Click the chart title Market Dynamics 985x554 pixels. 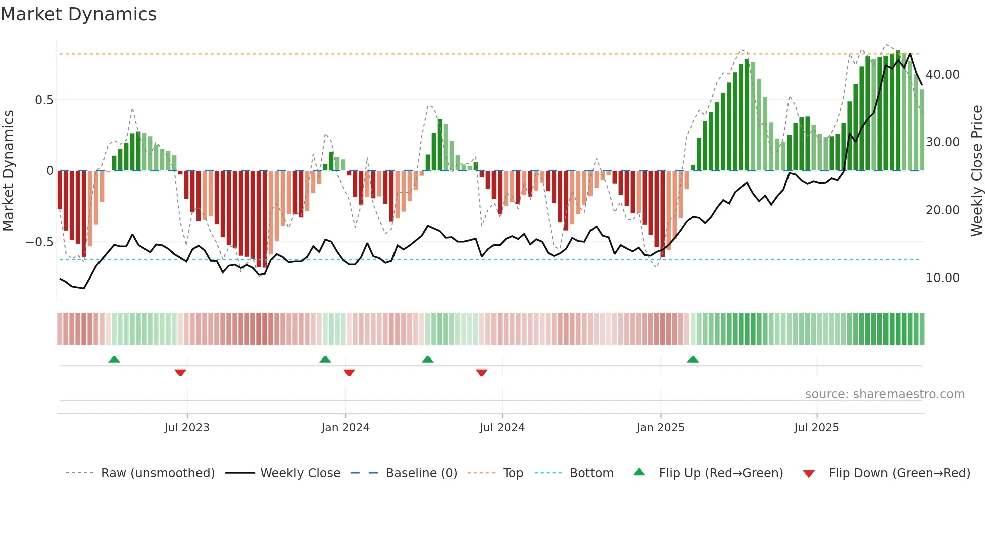click(78, 14)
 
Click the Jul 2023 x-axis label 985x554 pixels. click(186, 427)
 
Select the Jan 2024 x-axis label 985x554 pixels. click(345, 427)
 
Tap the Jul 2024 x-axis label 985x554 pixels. click(502, 427)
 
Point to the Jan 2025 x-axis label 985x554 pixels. click(660, 427)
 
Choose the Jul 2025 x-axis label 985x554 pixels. click(816, 427)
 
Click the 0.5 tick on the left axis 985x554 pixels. click(44, 100)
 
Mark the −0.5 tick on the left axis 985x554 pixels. click(40, 242)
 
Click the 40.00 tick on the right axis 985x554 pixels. click(942, 74)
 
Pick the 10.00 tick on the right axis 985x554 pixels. click(942, 278)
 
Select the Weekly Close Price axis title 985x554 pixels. click(976, 170)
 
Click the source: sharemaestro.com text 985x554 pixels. click(884, 394)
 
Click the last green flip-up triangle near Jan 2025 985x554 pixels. click(693, 359)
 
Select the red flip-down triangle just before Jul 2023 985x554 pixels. click(180, 373)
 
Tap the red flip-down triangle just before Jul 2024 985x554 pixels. click(481, 373)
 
